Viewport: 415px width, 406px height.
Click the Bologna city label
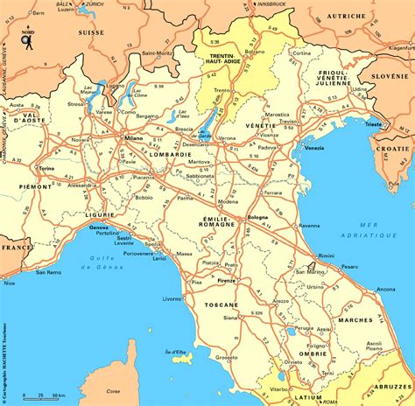pos(257,216)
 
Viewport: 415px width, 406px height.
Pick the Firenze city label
pos(227,281)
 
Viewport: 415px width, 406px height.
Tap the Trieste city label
pos(374,125)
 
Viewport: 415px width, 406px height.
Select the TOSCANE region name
pos(222,304)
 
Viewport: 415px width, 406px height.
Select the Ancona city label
pos(385,289)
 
